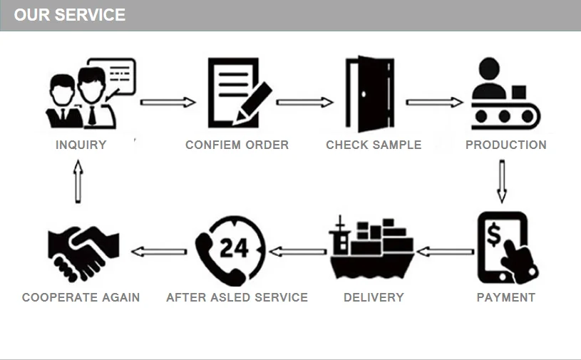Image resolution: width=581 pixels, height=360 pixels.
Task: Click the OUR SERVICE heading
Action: tap(70, 15)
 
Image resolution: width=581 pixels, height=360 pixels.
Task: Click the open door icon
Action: tap(369, 93)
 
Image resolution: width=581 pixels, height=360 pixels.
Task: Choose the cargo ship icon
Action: tap(371, 249)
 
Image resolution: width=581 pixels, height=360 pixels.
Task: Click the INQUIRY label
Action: tap(81, 145)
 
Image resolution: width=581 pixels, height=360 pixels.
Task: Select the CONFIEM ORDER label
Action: tap(237, 145)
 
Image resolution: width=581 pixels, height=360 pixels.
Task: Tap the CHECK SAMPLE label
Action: tap(374, 145)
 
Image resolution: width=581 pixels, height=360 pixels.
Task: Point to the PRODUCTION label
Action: tap(505, 145)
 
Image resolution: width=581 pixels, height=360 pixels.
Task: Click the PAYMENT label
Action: tap(505, 298)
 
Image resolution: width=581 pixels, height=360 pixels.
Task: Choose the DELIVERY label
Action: tap(374, 298)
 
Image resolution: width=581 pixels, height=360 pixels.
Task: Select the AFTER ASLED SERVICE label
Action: tap(237, 298)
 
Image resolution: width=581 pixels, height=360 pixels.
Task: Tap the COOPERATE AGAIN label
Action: tap(81, 298)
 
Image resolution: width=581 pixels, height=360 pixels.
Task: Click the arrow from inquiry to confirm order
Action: tap(168, 103)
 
